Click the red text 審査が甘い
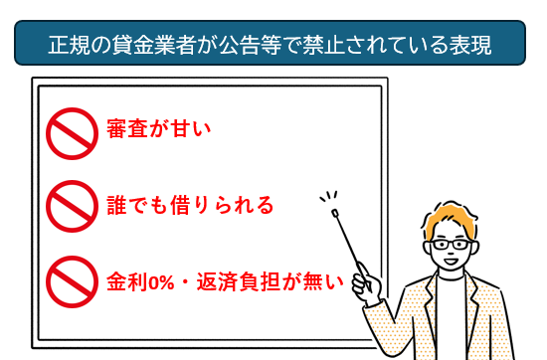(160, 131)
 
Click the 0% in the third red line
(161, 280)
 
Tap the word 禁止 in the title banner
(337, 45)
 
